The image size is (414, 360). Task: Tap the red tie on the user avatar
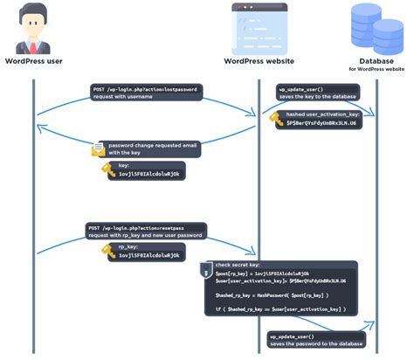pos(33,45)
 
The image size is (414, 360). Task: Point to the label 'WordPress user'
pos(33,62)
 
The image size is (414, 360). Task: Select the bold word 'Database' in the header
pos(376,61)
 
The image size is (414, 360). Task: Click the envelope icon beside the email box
pos(98,150)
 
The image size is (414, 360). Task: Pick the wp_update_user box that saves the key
pos(314,93)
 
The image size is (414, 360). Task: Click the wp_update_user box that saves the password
pos(314,340)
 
